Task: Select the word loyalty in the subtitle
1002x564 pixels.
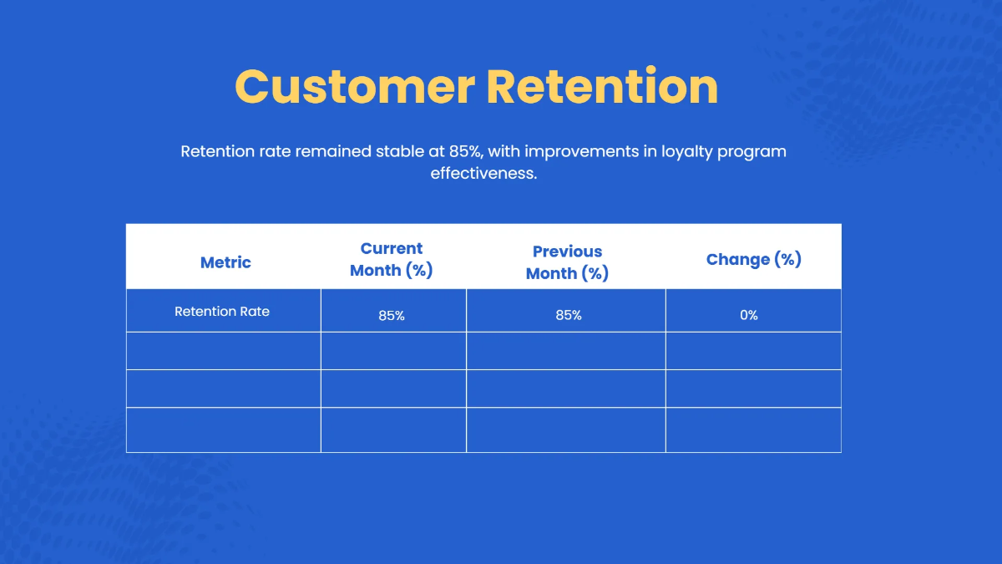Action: click(689, 152)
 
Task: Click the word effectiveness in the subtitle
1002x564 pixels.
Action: click(483, 174)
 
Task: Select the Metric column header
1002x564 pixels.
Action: click(225, 262)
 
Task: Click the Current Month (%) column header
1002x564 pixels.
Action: click(392, 259)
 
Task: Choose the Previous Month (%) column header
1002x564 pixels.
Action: click(567, 262)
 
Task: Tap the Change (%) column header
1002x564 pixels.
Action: click(753, 259)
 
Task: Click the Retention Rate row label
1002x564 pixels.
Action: click(222, 312)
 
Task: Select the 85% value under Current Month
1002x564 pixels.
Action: click(392, 315)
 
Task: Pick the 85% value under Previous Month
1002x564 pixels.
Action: click(568, 315)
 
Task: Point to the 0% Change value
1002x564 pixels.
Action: click(749, 315)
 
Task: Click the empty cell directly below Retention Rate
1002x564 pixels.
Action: click(223, 351)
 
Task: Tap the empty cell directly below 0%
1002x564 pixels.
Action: click(753, 351)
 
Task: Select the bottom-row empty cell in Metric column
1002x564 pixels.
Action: click(223, 429)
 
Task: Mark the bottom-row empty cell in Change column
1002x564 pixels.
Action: click(753, 429)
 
